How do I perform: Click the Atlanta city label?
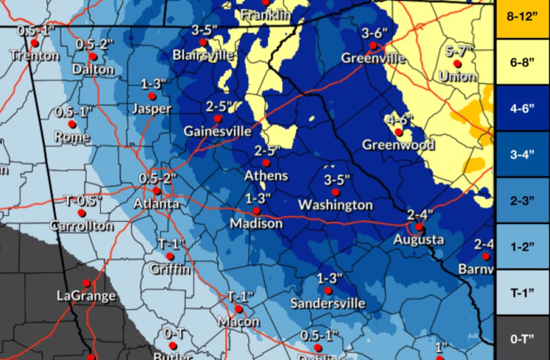pos(157,205)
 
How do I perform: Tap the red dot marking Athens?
pos(266,163)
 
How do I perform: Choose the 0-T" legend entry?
pos(522,336)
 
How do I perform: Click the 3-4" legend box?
pos(522,155)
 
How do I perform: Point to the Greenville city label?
pos(373,58)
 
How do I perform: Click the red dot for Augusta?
pos(420,227)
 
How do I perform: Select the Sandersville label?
pos(328,303)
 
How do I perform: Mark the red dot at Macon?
pos(240,309)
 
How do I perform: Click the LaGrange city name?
pos(85,296)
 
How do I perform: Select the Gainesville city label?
pos(218,132)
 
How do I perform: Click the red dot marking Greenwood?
pos(399,132)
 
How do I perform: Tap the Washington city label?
pos(335,205)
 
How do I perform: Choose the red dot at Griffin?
pos(170,256)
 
